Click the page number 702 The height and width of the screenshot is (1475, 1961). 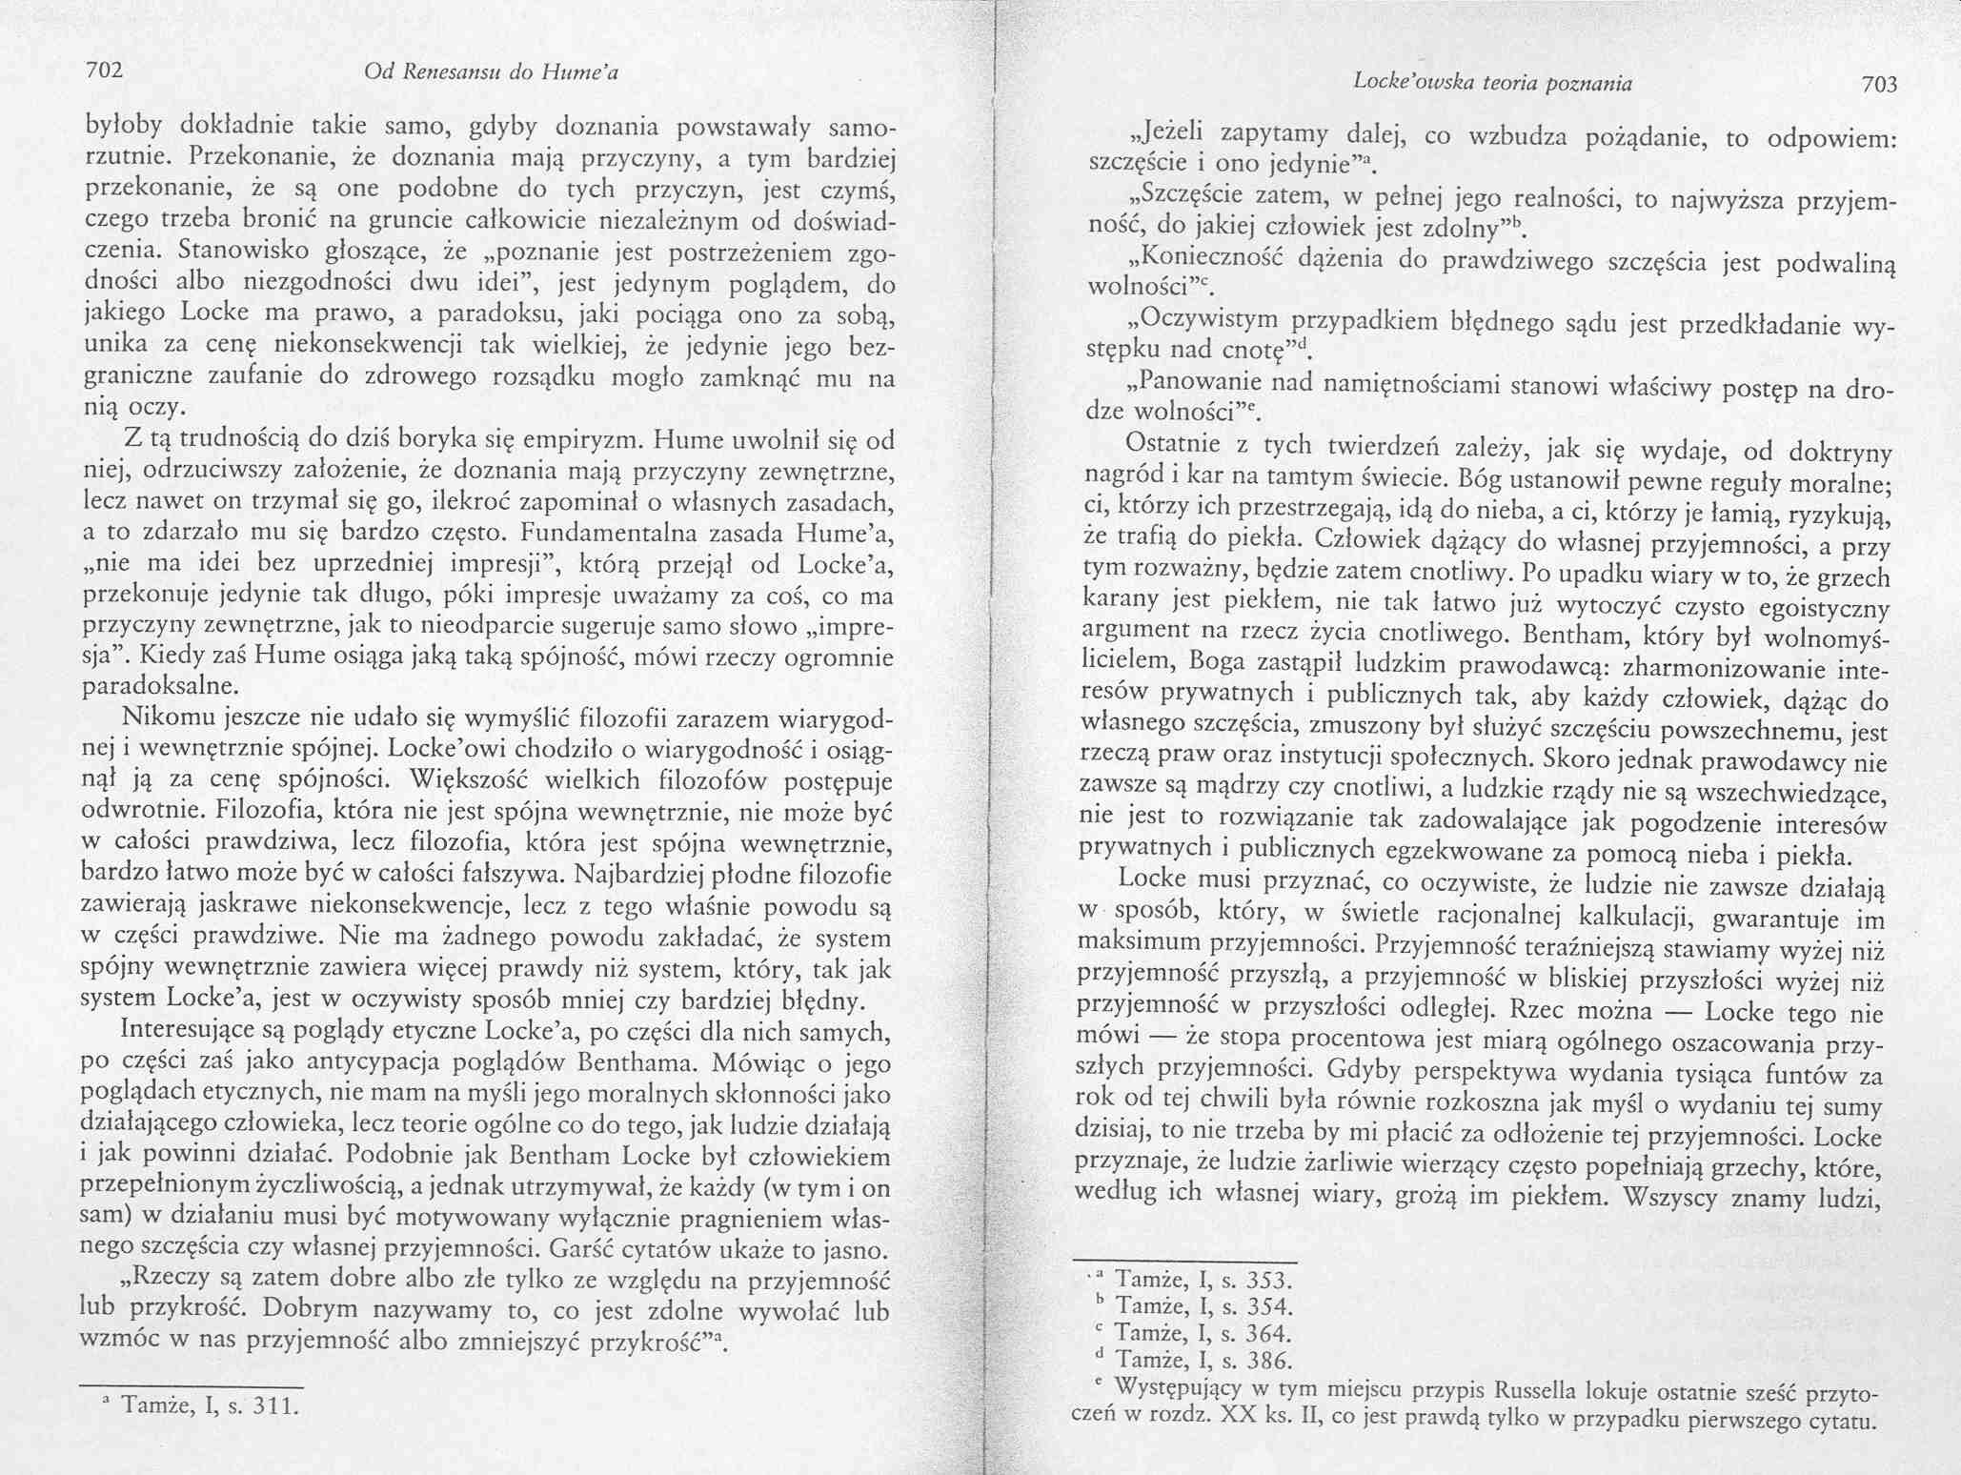pos(106,70)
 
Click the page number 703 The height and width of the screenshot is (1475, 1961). pos(1880,86)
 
